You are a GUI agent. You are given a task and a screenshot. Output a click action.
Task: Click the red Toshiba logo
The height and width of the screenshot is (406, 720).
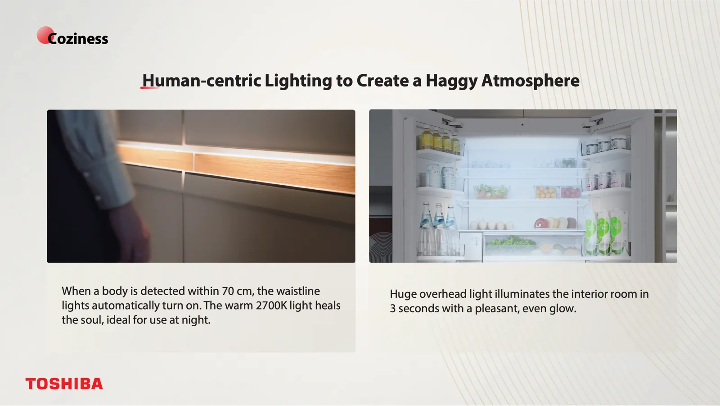[x=64, y=383]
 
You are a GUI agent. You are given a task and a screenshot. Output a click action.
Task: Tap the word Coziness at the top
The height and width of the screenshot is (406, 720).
[x=78, y=39]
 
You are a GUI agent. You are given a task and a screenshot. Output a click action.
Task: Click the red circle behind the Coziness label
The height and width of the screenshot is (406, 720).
[x=45, y=35]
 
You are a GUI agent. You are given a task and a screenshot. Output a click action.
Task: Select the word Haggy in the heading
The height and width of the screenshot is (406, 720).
[x=452, y=81]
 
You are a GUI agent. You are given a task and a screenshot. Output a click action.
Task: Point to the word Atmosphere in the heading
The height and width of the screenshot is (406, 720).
[x=531, y=81]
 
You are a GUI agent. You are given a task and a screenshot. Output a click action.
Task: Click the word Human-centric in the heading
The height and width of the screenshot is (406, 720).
[x=202, y=81]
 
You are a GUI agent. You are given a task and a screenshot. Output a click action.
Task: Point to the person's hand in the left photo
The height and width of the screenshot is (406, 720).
[x=132, y=232]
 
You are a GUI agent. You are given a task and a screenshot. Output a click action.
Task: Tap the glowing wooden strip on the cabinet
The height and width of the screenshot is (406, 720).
[x=236, y=168]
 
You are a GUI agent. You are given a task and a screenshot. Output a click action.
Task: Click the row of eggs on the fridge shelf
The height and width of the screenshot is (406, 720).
[x=491, y=225]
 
